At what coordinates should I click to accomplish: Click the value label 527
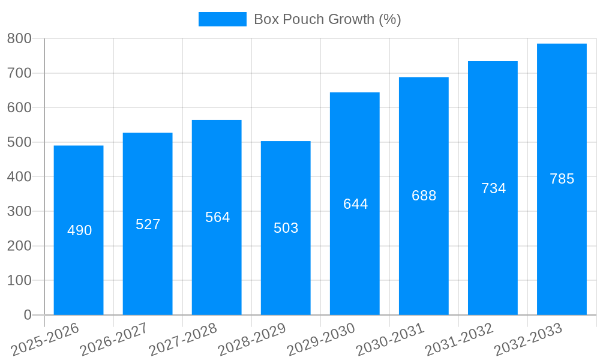[148, 224]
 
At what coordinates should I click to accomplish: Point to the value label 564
[217, 217]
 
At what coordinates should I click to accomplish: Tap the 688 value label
[424, 196]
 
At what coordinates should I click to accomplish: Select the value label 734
[493, 188]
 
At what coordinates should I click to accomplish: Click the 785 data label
[562, 179]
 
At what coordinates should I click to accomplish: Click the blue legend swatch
[222, 19]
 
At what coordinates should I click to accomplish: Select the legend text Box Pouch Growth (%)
[327, 19]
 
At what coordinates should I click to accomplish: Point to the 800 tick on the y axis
[19, 39]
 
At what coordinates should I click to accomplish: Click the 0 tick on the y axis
[27, 315]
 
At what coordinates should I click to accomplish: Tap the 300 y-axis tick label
[19, 211]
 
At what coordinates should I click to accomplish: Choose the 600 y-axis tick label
[19, 108]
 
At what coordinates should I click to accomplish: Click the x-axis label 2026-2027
[113, 339]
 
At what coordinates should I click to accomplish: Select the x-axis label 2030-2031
[390, 339]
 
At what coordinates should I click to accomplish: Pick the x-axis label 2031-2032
[459, 339]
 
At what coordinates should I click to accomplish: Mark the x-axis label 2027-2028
[182, 339]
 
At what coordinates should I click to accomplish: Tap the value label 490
[79, 230]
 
